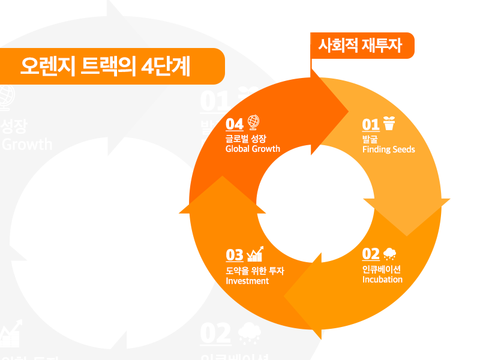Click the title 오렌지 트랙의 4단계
[x=106, y=66]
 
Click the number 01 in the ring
[x=371, y=125]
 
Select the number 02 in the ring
[x=371, y=254]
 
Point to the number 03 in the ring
[x=235, y=255]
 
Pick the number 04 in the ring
[x=235, y=124]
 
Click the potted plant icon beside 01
[x=389, y=123]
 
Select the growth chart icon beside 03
[x=254, y=254]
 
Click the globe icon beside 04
[x=253, y=123]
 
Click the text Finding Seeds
[x=388, y=149]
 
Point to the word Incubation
[x=382, y=280]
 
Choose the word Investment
[x=247, y=281]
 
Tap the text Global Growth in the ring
[x=253, y=149]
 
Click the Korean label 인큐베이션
[x=382, y=269]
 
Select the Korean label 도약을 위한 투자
[x=255, y=271]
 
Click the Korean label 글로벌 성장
[x=245, y=139]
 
